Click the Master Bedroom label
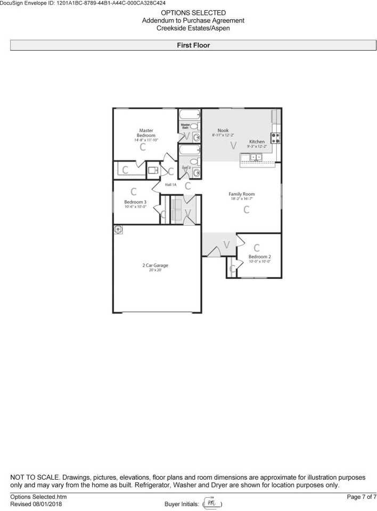(146, 133)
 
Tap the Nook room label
(223, 130)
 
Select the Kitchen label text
(257, 142)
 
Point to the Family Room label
(242, 194)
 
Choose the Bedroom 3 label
(135, 202)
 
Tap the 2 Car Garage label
(155, 265)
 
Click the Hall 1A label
(170, 185)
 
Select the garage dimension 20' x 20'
(155, 270)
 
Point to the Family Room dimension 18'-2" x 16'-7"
(242, 199)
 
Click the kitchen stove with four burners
(276, 138)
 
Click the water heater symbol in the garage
(118, 229)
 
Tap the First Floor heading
(193, 46)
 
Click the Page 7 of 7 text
(362, 497)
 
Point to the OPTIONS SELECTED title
(193, 13)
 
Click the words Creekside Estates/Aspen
(193, 28)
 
